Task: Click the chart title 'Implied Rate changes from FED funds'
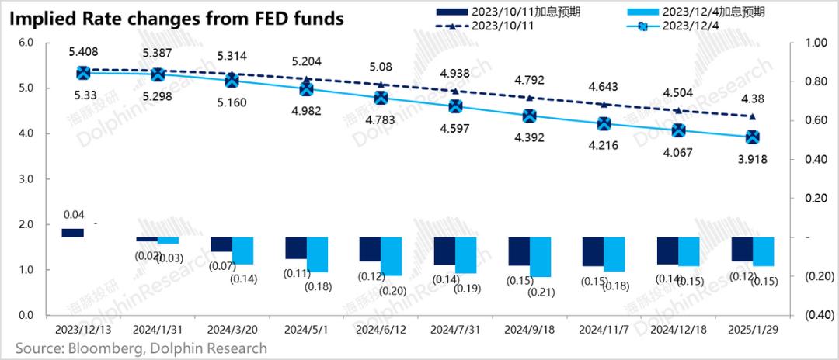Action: pyautogui.click(x=177, y=19)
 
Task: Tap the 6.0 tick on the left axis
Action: pyautogui.click(x=25, y=43)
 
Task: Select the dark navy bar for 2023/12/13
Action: pyautogui.click(x=72, y=233)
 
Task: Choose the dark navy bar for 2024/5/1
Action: pyautogui.click(x=296, y=247)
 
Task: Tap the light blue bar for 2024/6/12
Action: pyautogui.click(x=391, y=256)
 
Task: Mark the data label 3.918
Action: pyautogui.click(x=752, y=158)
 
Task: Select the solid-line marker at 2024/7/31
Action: pyautogui.click(x=455, y=106)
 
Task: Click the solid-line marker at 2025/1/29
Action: pyautogui.click(x=752, y=137)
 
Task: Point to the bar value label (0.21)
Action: pyautogui.click(x=541, y=292)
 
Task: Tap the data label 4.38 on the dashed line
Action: pyautogui.click(x=752, y=99)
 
